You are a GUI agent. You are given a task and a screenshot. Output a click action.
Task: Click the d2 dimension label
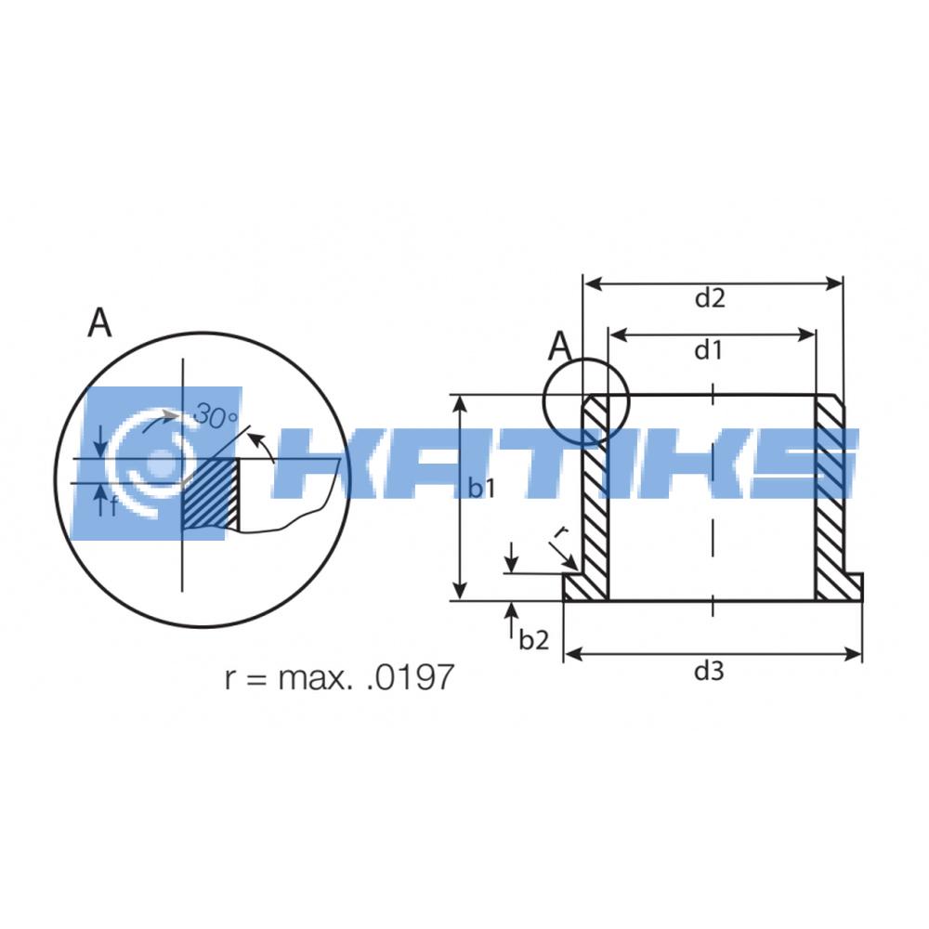[x=710, y=298]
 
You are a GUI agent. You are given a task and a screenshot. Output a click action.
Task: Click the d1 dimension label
[x=709, y=351]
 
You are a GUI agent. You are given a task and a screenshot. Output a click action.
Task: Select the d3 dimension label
[x=709, y=672]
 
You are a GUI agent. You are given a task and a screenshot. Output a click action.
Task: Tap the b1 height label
[x=481, y=489]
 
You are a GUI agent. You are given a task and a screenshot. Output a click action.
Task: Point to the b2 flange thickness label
[x=534, y=640]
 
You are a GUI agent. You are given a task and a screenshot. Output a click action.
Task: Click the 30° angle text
[x=216, y=415]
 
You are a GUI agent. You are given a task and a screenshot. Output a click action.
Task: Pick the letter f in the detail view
[x=112, y=506]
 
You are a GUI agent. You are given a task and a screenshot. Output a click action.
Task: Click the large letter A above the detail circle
[x=99, y=322]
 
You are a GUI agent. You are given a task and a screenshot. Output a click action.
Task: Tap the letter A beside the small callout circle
[x=560, y=347]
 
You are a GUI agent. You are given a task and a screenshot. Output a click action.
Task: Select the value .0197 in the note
[x=410, y=676]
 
